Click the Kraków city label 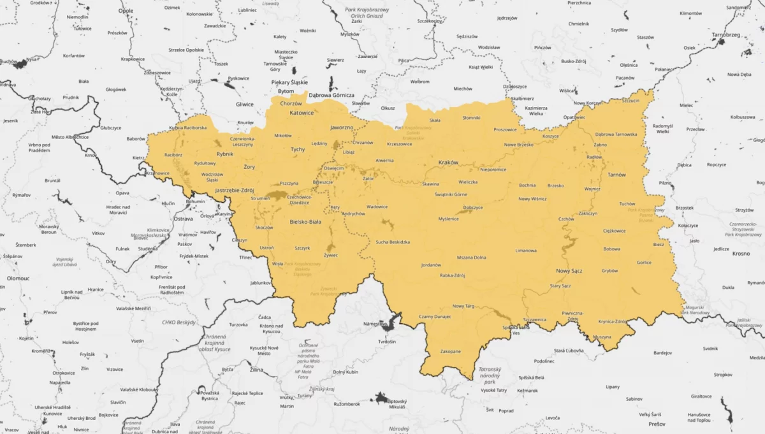(448, 163)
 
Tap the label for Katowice (302, 113)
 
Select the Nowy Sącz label (569, 271)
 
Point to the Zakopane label (451, 351)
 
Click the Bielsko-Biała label (305, 221)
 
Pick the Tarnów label (616, 175)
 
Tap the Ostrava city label (184, 219)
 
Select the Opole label (126, 11)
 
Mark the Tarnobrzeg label (726, 36)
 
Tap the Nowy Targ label (463, 307)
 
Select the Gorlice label (644, 262)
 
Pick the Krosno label (741, 254)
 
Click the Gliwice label (244, 105)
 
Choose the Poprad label (506, 411)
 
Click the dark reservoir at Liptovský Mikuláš (381, 399)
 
